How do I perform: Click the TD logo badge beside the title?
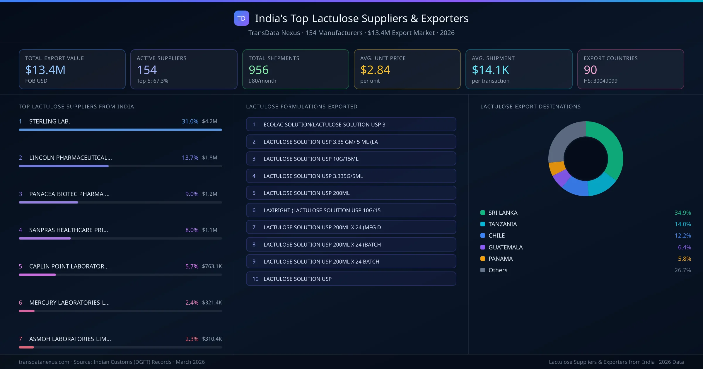tap(241, 18)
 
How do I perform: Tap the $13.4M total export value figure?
tap(45, 70)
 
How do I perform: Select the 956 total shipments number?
tap(258, 70)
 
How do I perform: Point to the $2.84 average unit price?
tap(375, 70)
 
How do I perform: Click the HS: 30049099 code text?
tap(600, 81)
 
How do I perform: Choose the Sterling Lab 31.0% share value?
tap(190, 121)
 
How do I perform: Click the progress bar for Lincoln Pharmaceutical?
tap(64, 166)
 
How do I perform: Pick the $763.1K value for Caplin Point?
tap(212, 266)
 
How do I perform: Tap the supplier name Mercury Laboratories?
tap(69, 303)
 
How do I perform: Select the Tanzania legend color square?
tap(483, 224)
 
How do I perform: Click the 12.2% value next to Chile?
tap(682, 235)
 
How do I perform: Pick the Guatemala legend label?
tap(505, 247)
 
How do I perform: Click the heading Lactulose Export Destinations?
tap(530, 107)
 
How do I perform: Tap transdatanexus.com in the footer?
tap(44, 362)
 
